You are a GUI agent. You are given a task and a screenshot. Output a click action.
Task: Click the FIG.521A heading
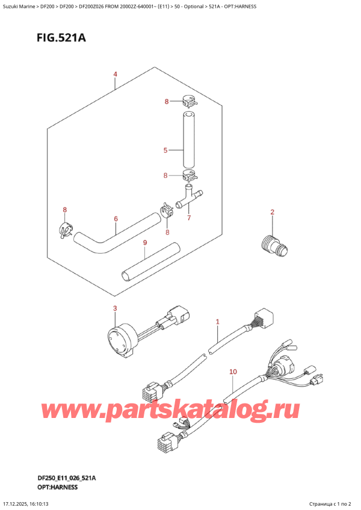(x=61, y=38)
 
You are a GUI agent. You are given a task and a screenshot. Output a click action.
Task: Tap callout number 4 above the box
(x=116, y=75)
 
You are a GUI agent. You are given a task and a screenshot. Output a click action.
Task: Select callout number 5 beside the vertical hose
(x=165, y=150)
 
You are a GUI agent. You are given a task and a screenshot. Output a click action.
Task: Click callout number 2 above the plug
(x=272, y=212)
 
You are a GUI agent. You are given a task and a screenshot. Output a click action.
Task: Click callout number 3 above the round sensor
(x=114, y=308)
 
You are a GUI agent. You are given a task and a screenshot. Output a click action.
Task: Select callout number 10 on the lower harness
(x=233, y=372)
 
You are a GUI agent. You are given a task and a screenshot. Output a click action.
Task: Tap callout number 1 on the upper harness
(x=217, y=322)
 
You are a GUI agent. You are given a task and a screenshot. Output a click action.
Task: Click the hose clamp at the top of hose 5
(x=188, y=101)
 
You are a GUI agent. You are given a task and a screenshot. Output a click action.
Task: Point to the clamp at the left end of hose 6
(x=66, y=229)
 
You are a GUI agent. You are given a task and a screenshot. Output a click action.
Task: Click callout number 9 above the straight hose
(x=145, y=242)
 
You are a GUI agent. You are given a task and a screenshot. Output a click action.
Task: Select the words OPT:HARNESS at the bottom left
(x=57, y=487)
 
